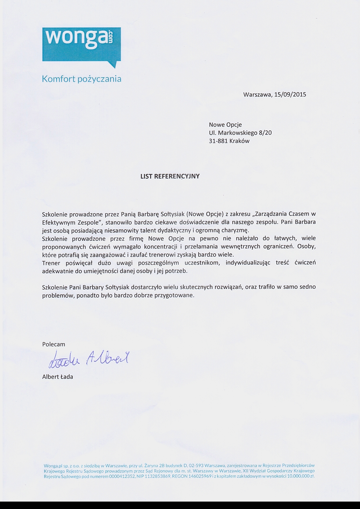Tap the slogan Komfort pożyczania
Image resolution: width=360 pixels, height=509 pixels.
tap(82, 79)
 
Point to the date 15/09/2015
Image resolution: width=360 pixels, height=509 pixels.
tap(290, 95)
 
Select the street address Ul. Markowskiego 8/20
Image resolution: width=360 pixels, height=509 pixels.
tap(240, 133)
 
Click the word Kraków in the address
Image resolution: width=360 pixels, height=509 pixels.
tap(239, 141)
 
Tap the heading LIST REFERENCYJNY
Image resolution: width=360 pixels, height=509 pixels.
tap(170, 176)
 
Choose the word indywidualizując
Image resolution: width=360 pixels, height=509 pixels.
tap(248, 263)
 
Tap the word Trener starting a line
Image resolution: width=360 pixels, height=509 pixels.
tap(51, 263)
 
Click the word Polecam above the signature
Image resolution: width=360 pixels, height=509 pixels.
tap(54, 344)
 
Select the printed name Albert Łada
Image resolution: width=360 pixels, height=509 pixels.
tap(58, 377)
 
